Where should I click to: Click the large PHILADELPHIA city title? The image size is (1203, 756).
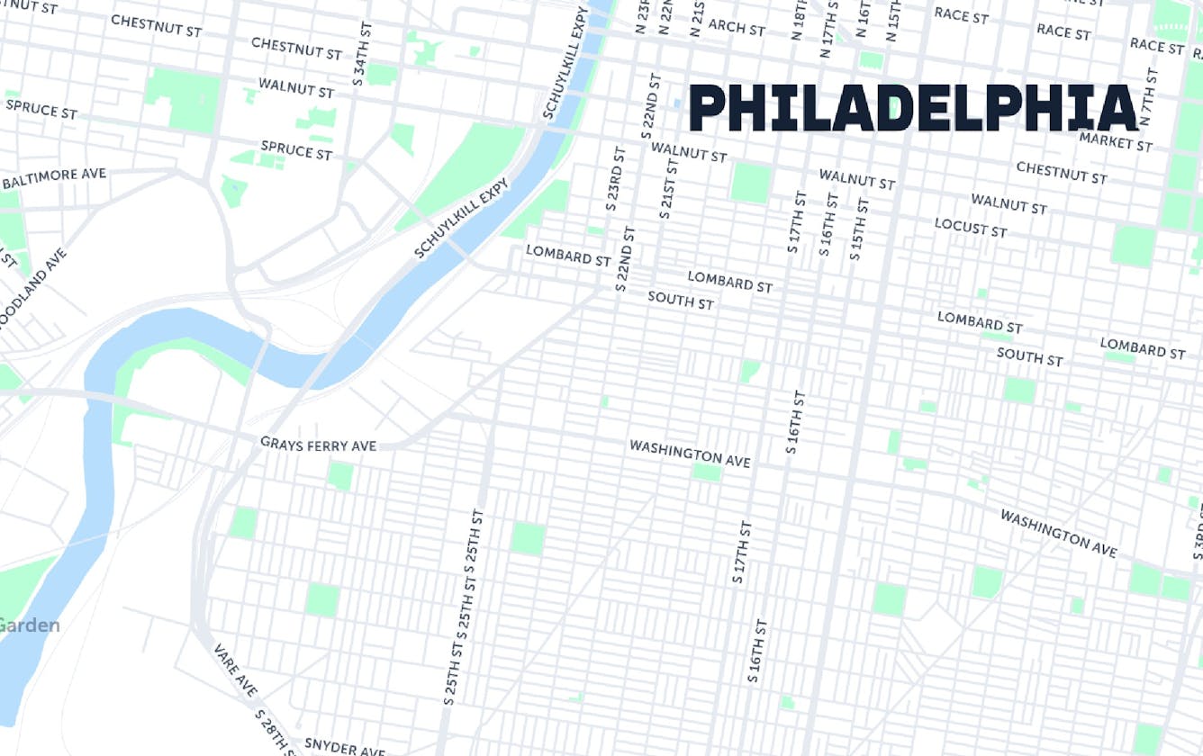pyautogui.click(x=913, y=109)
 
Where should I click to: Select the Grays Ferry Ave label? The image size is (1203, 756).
pyautogui.click(x=318, y=444)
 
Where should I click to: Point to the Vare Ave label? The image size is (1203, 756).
pyautogui.click(x=235, y=670)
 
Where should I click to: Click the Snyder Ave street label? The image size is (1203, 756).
pyautogui.click(x=344, y=746)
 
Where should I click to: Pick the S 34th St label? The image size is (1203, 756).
pyautogui.click(x=361, y=46)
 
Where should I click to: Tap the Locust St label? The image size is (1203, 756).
pyautogui.click(x=970, y=227)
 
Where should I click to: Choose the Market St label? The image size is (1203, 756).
pyautogui.click(x=1115, y=140)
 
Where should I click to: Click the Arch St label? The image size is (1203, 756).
pyautogui.click(x=736, y=27)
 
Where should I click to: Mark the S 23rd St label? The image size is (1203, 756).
pyautogui.click(x=612, y=180)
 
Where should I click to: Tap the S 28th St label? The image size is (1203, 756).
pyautogui.click(x=276, y=731)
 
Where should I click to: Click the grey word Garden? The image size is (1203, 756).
pyautogui.click(x=30, y=625)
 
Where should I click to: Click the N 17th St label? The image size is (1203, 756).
pyautogui.click(x=827, y=29)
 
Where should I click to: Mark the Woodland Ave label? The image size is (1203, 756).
pyautogui.click(x=34, y=292)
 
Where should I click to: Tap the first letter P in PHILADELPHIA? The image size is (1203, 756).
pyautogui.click(x=708, y=109)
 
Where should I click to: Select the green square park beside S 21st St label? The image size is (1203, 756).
pyautogui.click(x=750, y=183)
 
